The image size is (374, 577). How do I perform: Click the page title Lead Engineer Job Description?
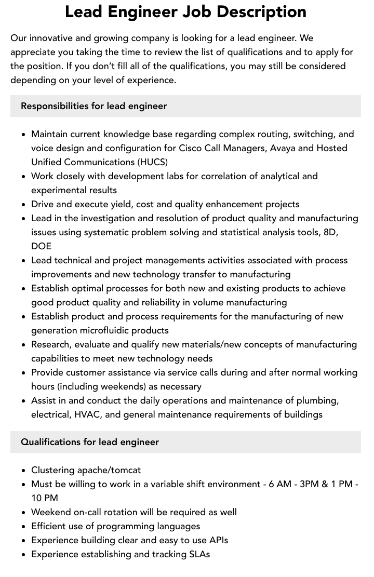click(x=185, y=12)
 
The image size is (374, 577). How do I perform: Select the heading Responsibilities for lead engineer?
click(x=94, y=106)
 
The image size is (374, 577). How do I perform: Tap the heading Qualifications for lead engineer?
click(x=90, y=442)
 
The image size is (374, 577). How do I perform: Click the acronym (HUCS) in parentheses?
click(x=153, y=162)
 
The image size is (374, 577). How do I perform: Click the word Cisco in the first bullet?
click(x=191, y=148)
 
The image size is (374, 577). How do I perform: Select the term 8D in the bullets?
click(x=330, y=232)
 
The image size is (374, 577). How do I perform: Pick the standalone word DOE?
click(x=41, y=246)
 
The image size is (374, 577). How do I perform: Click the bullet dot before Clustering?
click(x=24, y=471)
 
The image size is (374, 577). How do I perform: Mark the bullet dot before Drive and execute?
click(x=24, y=205)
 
